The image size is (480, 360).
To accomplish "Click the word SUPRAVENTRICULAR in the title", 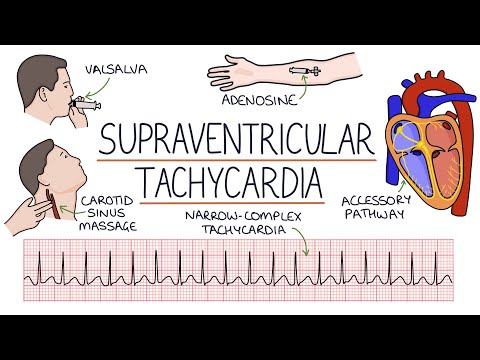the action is [239, 139].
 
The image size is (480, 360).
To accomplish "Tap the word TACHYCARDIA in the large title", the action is [238, 183].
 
